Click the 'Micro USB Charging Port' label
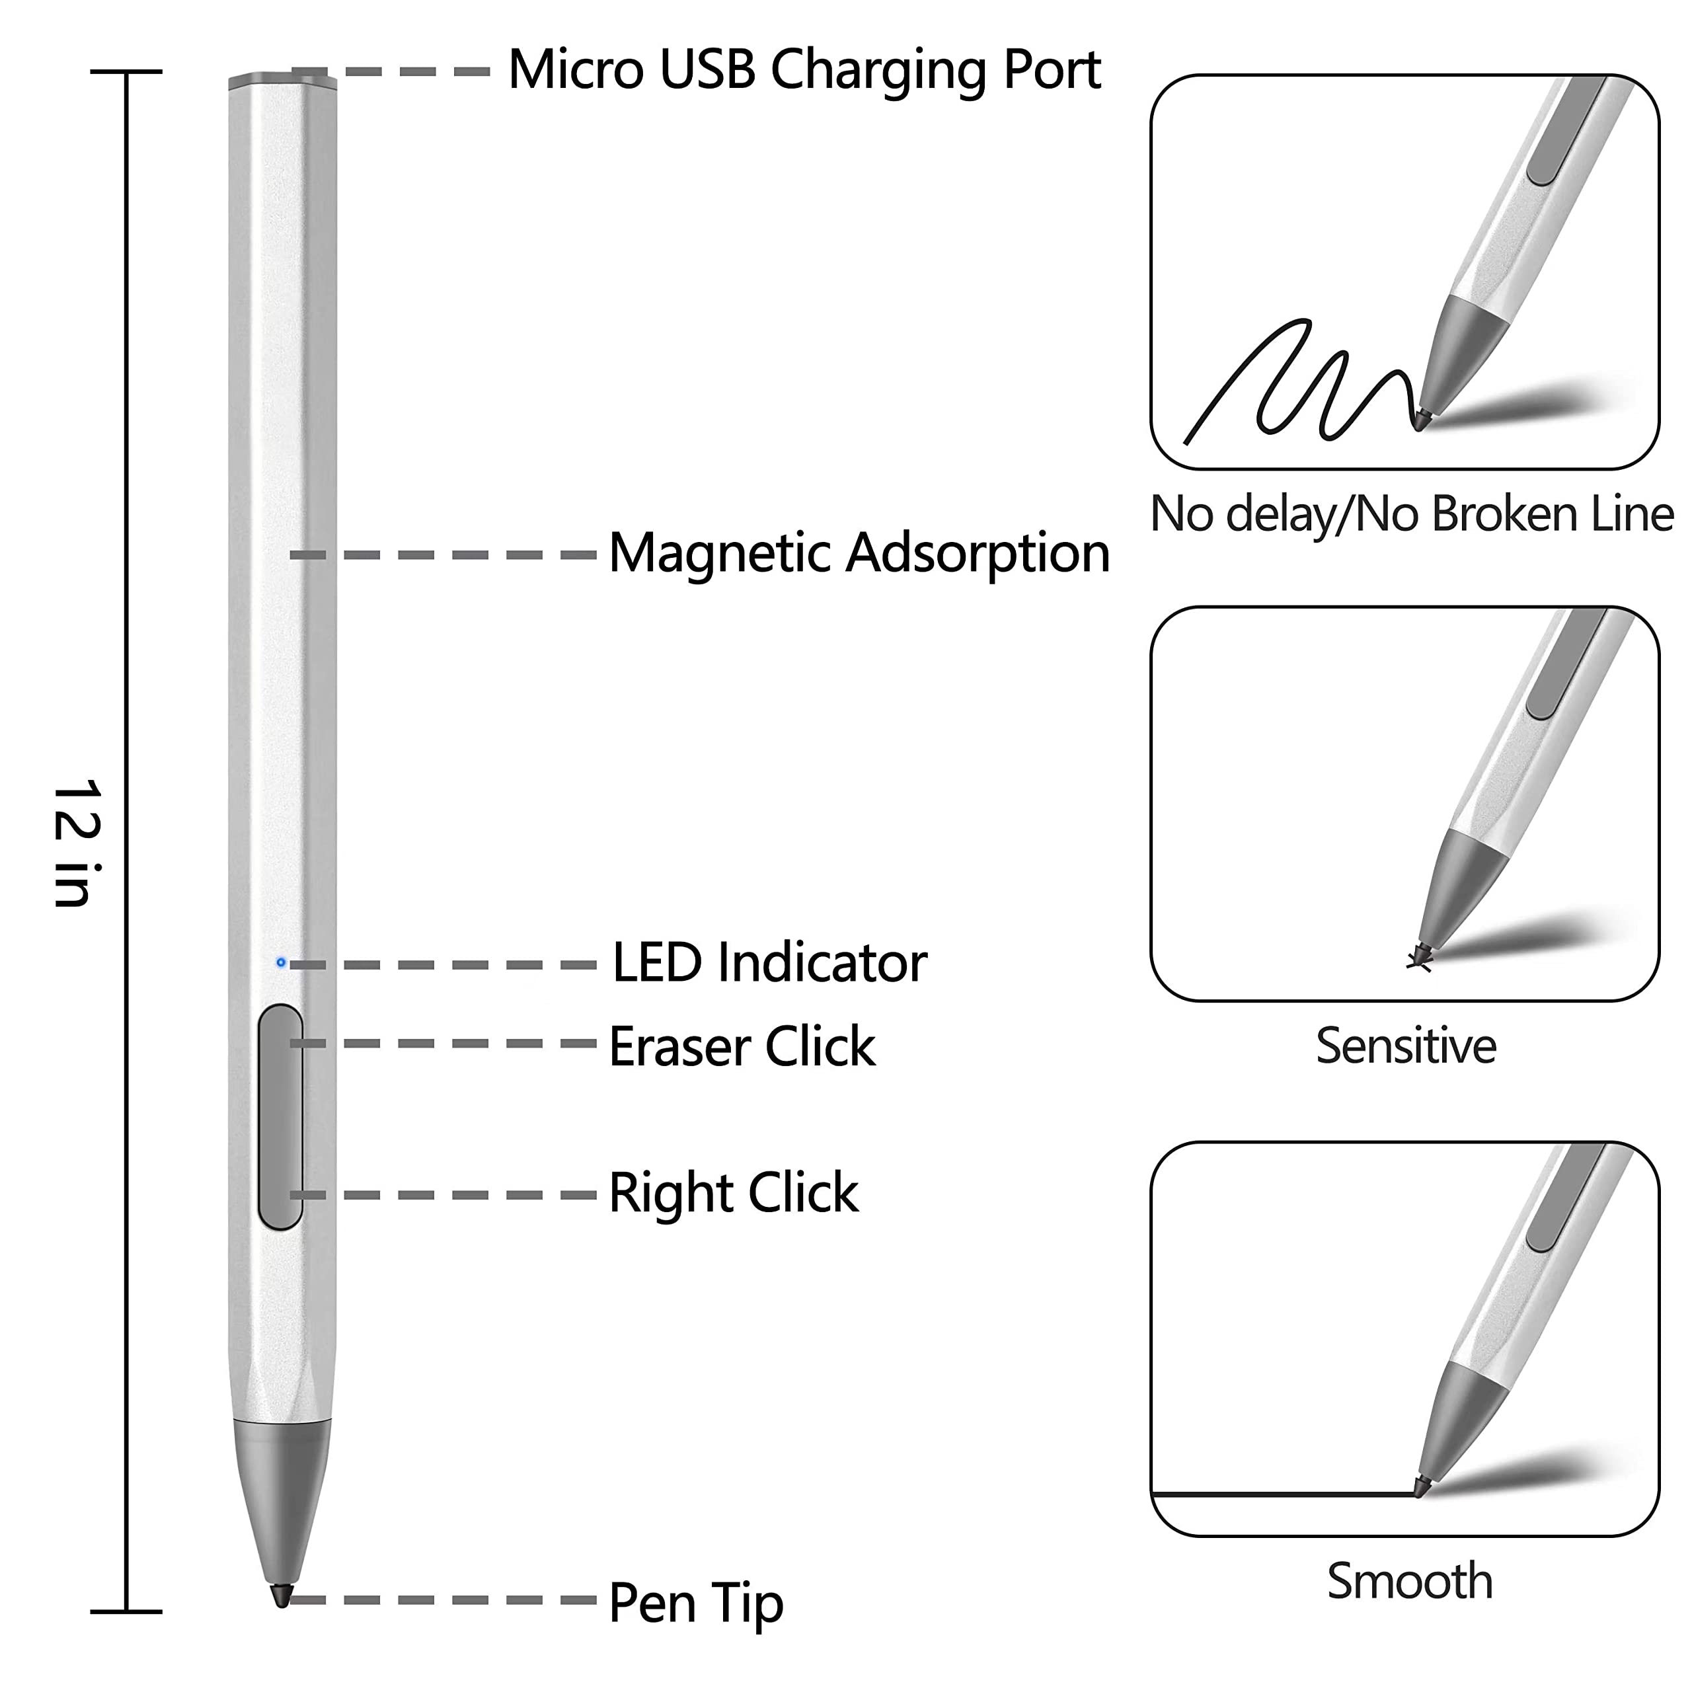804,70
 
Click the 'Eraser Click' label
742,1046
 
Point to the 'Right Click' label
733,1193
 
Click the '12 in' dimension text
77,843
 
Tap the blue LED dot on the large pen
280,962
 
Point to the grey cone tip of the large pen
282,1508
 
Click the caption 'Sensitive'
1406,1046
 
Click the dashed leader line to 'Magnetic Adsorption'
443,555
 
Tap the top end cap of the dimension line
126,71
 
